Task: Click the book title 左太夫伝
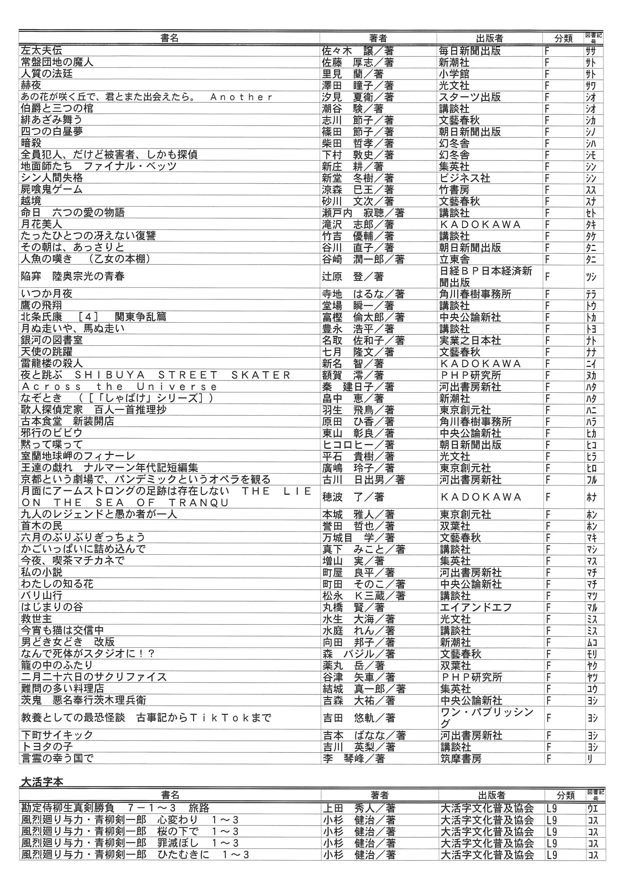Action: [41, 50]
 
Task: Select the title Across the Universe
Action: [119, 387]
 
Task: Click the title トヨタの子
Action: [47, 747]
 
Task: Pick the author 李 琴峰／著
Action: [353, 758]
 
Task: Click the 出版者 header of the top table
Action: [489, 38]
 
